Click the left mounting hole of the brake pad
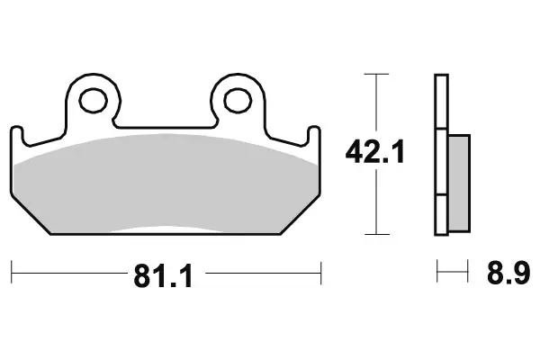point(93,99)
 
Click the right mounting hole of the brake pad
point(238,99)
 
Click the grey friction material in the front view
point(166,184)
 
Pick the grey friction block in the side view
point(457,180)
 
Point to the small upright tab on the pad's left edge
point(18,135)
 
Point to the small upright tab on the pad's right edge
point(313,135)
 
